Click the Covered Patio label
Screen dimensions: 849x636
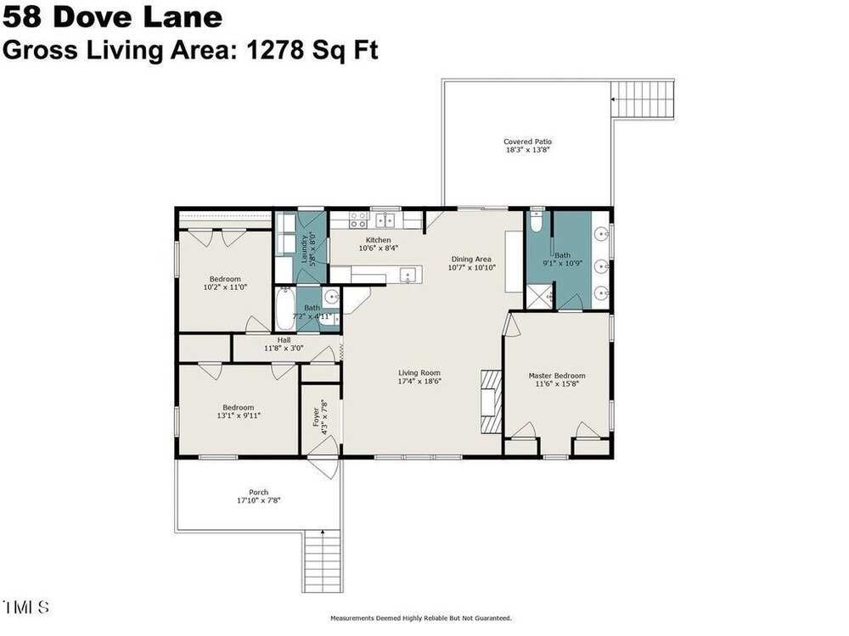(x=527, y=142)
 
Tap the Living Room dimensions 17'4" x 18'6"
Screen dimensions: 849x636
(x=419, y=382)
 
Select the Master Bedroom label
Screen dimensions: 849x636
(x=557, y=376)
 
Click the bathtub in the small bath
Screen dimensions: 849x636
(x=284, y=309)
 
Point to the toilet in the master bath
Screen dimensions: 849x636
(x=536, y=220)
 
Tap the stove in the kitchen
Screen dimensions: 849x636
(x=357, y=220)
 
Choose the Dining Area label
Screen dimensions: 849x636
(x=471, y=259)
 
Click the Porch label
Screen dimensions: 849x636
(x=258, y=492)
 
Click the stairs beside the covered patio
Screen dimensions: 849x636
(x=644, y=99)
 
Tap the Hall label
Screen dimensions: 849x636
(x=284, y=340)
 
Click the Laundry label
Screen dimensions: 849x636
(x=304, y=248)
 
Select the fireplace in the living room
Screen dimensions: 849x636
(x=492, y=401)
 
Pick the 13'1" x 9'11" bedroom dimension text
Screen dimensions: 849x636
(x=239, y=416)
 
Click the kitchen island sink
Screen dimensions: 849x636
(x=408, y=276)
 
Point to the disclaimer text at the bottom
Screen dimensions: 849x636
(x=421, y=617)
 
